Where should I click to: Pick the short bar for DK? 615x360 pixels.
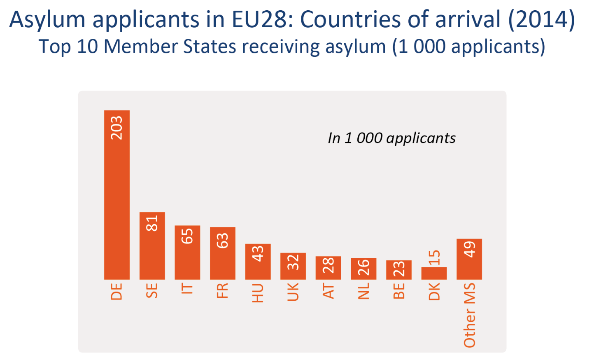click(434, 274)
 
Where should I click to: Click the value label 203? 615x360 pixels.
click(117, 128)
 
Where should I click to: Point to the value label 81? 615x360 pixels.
click(152, 223)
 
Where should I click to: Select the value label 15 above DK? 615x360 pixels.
click(434, 258)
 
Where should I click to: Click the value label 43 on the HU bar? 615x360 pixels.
click(258, 254)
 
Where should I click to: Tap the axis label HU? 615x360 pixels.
click(258, 293)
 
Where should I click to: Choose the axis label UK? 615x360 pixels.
click(293, 292)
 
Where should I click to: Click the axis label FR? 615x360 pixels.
click(222, 291)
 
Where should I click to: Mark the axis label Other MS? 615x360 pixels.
click(470, 316)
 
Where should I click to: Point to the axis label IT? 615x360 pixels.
click(187, 288)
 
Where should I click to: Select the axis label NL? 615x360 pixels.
click(363, 291)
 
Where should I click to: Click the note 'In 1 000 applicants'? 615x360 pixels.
click(391, 138)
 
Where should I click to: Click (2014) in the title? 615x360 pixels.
click(541, 19)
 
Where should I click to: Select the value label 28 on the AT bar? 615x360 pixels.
click(328, 266)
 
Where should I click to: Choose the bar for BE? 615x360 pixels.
click(398, 270)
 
